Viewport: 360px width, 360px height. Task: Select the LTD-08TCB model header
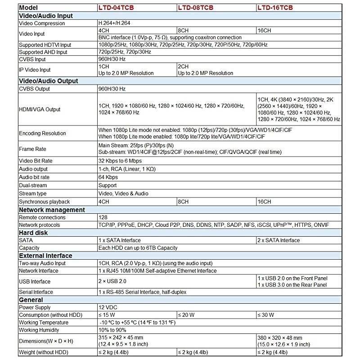click(195, 8)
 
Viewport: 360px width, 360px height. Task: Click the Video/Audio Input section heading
click(45, 16)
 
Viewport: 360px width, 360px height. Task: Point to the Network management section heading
click(51, 210)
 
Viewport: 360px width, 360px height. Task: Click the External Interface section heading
click(45, 256)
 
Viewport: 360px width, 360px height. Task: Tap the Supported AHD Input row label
click(43, 52)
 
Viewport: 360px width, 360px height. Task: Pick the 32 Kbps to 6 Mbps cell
click(120, 161)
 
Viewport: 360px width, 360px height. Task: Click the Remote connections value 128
click(103, 217)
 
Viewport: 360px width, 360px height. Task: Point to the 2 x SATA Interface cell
click(278, 240)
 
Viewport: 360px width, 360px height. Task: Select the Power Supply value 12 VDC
click(108, 307)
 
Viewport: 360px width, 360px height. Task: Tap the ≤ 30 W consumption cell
click(266, 315)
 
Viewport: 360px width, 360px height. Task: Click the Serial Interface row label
click(36, 292)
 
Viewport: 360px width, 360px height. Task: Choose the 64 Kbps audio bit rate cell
click(108, 177)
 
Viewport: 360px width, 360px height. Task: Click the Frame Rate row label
click(33, 149)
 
